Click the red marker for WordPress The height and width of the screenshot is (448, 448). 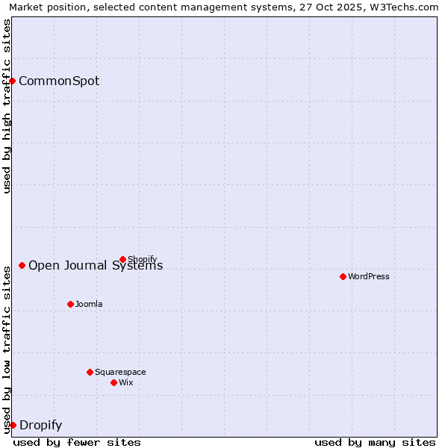pyautogui.click(x=343, y=276)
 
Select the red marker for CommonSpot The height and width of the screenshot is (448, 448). pyautogui.click(x=13, y=81)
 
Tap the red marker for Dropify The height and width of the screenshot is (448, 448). pyautogui.click(x=13, y=425)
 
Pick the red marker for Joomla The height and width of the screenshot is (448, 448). pyautogui.click(x=70, y=304)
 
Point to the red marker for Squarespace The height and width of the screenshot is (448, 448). pyautogui.click(x=90, y=372)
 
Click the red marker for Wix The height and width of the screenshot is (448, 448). pyautogui.click(x=113, y=382)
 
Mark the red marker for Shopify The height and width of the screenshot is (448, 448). pyautogui.click(x=122, y=259)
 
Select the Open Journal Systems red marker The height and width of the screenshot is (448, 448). pyautogui.click(x=22, y=265)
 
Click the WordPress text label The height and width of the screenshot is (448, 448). pyautogui.click(x=369, y=277)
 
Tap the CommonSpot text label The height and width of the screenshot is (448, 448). pyautogui.click(x=59, y=81)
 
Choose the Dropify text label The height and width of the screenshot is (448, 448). pyautogui.click(x=40, y=426)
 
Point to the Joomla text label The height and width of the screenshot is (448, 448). pyautogui.click(x=89, y=305)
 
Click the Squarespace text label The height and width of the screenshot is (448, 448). pyautogui.click(x=120, y=373)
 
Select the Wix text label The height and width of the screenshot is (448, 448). pyautogui.click(x=126, y=383)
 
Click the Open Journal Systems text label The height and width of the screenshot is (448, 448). pyautogui.click(x=96, y=266)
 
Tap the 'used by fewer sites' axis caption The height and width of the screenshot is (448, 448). pyautogui.click(x=77, y=442)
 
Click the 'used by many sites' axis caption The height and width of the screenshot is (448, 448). pyautogui.click(x=375, y=442)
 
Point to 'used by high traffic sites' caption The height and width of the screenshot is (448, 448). pyautogui.click(x=7, y=106)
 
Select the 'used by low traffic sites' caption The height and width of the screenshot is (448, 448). pyautogui.click(x=7, y=349)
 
